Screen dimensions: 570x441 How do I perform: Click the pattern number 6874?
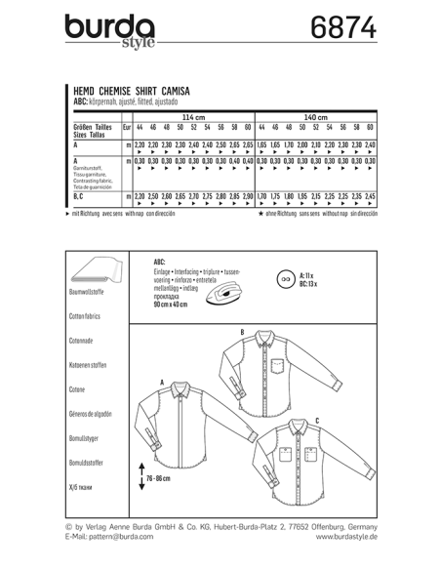(x=341, y=29)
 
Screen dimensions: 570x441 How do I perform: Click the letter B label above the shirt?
(x=242, y=333)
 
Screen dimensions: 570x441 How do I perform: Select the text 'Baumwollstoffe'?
(x=93, y=294)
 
